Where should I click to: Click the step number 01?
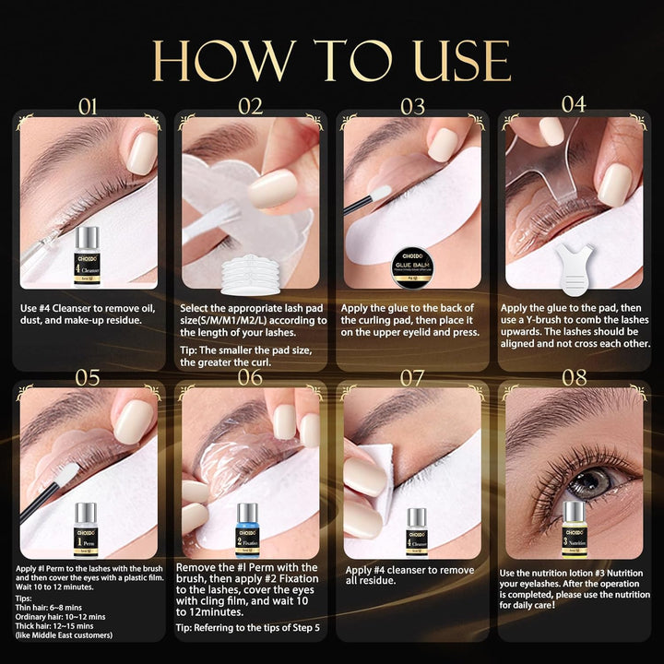88,106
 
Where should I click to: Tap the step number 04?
574,103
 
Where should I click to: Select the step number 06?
250,375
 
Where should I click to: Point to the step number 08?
574,375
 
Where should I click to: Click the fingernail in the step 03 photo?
444,145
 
